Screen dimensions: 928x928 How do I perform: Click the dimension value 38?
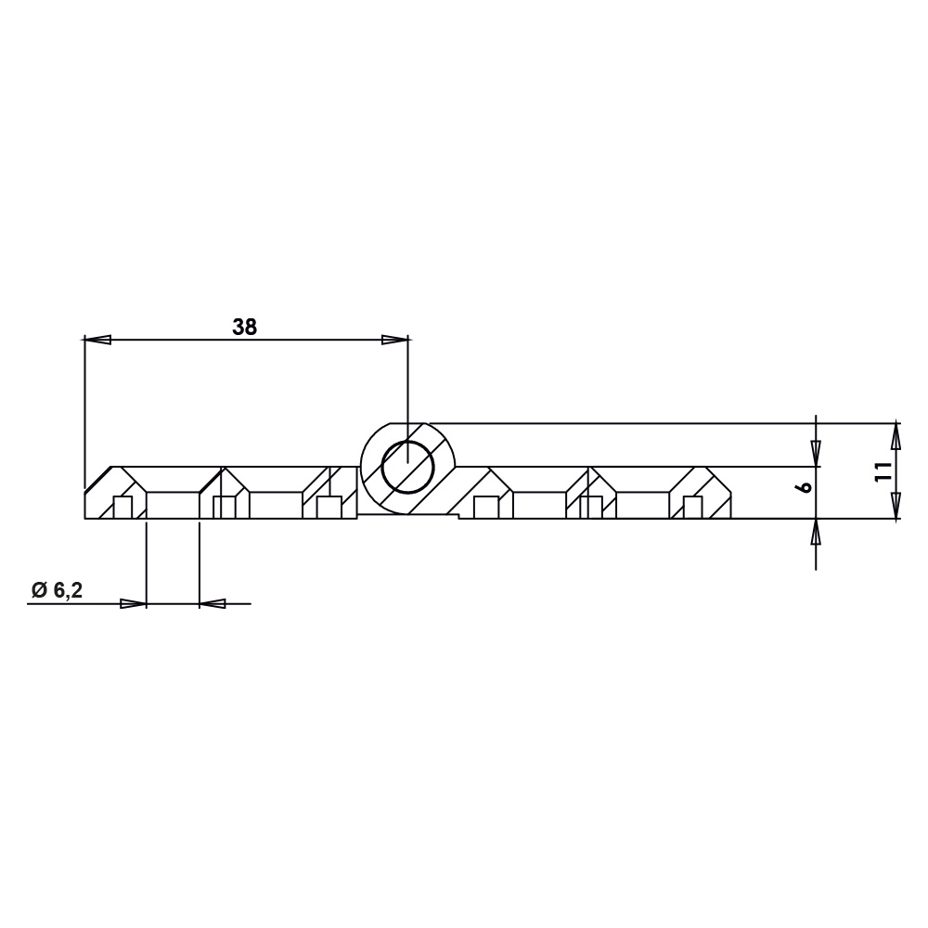click(x=244, y=327)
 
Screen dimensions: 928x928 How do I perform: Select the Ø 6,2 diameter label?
click(x=57, y=590)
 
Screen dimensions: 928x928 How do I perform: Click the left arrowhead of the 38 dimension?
click(x=97, y=340)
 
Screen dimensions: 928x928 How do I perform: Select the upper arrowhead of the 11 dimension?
click(x=896, y=435)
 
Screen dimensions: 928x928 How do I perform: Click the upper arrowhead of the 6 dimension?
click(x=815, y=453)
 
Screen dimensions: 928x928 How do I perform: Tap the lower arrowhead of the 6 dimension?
click(x=815, y=532)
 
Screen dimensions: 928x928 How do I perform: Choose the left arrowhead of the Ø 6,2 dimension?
click(x=133, y=604)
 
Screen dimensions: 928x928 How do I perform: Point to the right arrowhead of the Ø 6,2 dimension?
click(x=213, y=604)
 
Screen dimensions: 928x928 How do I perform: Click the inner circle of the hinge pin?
click(x=407, y=466)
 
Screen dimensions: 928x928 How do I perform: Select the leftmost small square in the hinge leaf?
click(x=122, y=508)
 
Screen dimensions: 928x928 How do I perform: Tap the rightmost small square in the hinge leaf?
click(x=691, y=508)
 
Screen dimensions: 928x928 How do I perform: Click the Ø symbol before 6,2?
click(x=38, y=590)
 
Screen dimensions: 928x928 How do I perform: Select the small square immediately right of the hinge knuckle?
click(x=483, y=508)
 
